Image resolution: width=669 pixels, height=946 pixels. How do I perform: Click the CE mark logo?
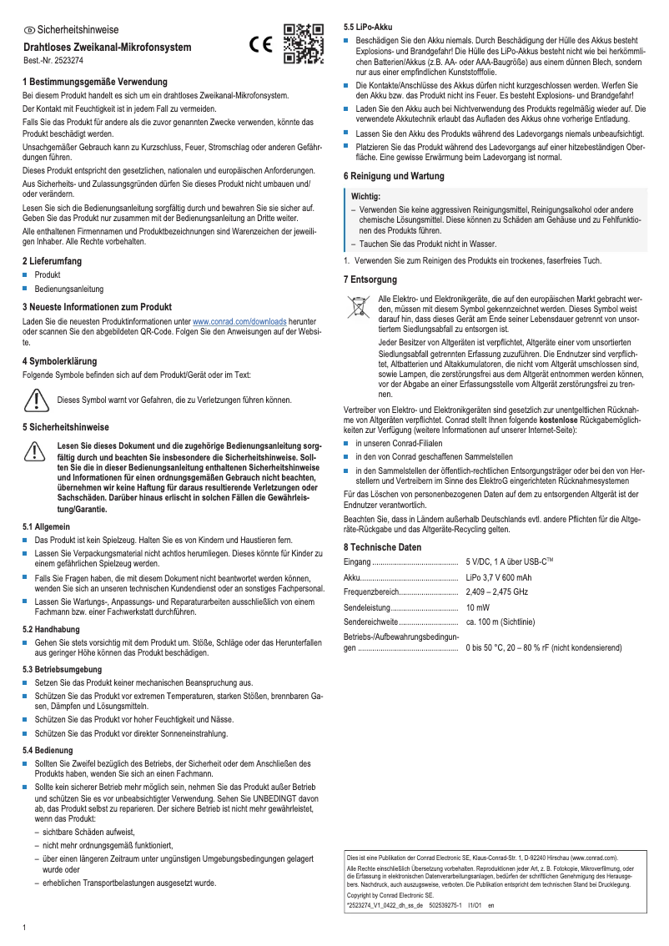[261, 47]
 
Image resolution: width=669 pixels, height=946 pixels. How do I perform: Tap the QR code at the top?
[304, 44]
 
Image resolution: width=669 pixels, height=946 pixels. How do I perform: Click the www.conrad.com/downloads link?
[239, 321]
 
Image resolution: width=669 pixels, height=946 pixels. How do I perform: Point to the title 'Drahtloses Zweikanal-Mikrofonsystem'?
[107, 48]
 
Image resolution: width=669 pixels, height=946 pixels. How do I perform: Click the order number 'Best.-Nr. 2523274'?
[53, 62]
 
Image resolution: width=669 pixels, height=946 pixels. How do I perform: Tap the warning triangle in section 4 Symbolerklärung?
[36, 400]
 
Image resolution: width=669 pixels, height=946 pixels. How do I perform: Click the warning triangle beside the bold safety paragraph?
[36, 451]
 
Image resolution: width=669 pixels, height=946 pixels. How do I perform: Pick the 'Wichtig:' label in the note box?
[365, 195]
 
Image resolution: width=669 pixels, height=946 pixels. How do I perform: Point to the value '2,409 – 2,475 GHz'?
[497, 591]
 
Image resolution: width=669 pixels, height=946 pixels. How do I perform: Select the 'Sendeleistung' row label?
[370, 606]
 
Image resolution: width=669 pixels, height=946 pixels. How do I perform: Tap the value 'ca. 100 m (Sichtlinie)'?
[500, 621]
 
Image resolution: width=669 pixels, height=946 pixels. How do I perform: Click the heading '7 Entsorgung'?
[370, 279]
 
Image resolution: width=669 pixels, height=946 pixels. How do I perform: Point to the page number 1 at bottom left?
[24, 928]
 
